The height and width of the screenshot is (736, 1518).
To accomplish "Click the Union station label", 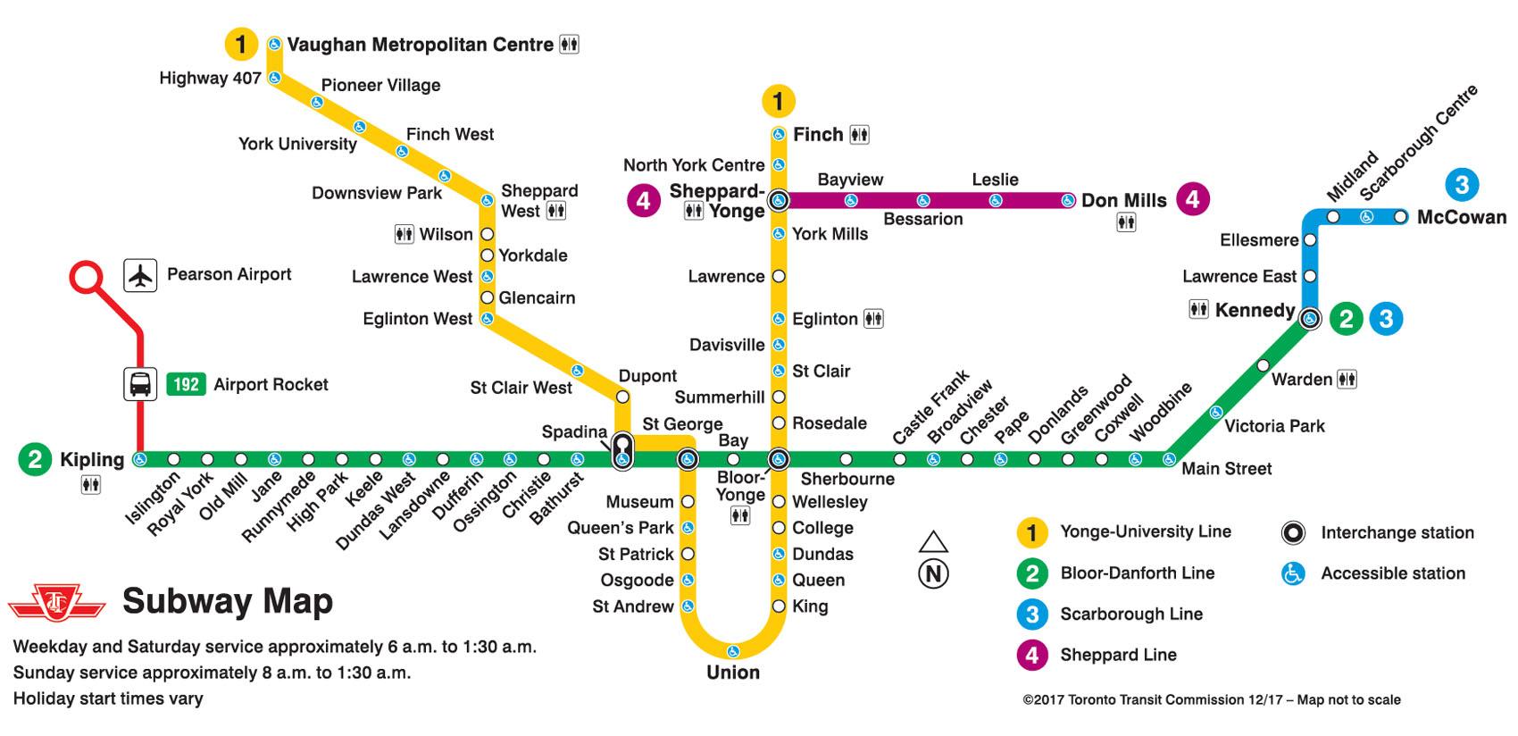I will (x=732, y=673).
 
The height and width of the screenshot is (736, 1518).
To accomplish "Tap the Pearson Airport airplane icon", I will (x=140, y=274).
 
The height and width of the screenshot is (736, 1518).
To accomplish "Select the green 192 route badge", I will (x=186, y=384).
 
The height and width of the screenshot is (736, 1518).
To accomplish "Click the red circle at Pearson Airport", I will (x=86, y=277).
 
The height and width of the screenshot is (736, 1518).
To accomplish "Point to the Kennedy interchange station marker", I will (x=1310, y=318).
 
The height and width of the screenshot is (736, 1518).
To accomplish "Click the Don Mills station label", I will (x=1123, y=200).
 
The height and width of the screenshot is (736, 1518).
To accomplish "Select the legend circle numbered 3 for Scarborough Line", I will (x=1031, y=615).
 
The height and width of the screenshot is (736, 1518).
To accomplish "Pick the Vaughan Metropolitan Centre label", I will (x=420, y=45).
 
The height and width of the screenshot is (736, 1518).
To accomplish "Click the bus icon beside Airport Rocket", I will (x=140, y=384).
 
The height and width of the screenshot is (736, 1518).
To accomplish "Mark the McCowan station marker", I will (x=1400, y=216).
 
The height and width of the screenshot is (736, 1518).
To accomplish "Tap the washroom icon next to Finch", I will (x=859, y=135).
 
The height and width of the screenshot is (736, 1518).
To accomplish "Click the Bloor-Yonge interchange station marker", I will (x=779, y=459).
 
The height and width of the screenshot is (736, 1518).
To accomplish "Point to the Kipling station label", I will (x=92, y=459).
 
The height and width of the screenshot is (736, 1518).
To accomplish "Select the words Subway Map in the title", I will (x=227, y=601).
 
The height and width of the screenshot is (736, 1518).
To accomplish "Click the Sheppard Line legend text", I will (x=1118, y=655).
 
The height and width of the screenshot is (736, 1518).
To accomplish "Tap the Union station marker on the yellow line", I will (x=732, y=650).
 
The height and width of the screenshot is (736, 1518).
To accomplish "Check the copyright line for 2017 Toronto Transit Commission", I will (x=1211, y=700).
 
